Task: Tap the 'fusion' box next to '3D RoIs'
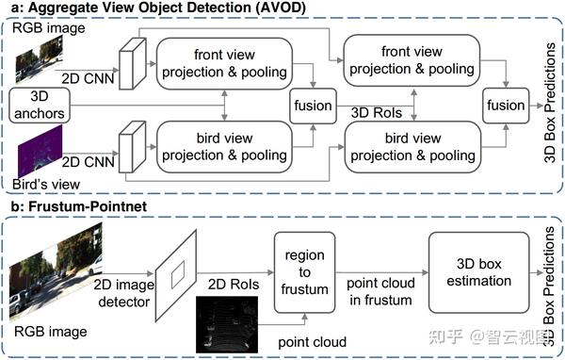[313, 104]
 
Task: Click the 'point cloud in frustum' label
[378, 291]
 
